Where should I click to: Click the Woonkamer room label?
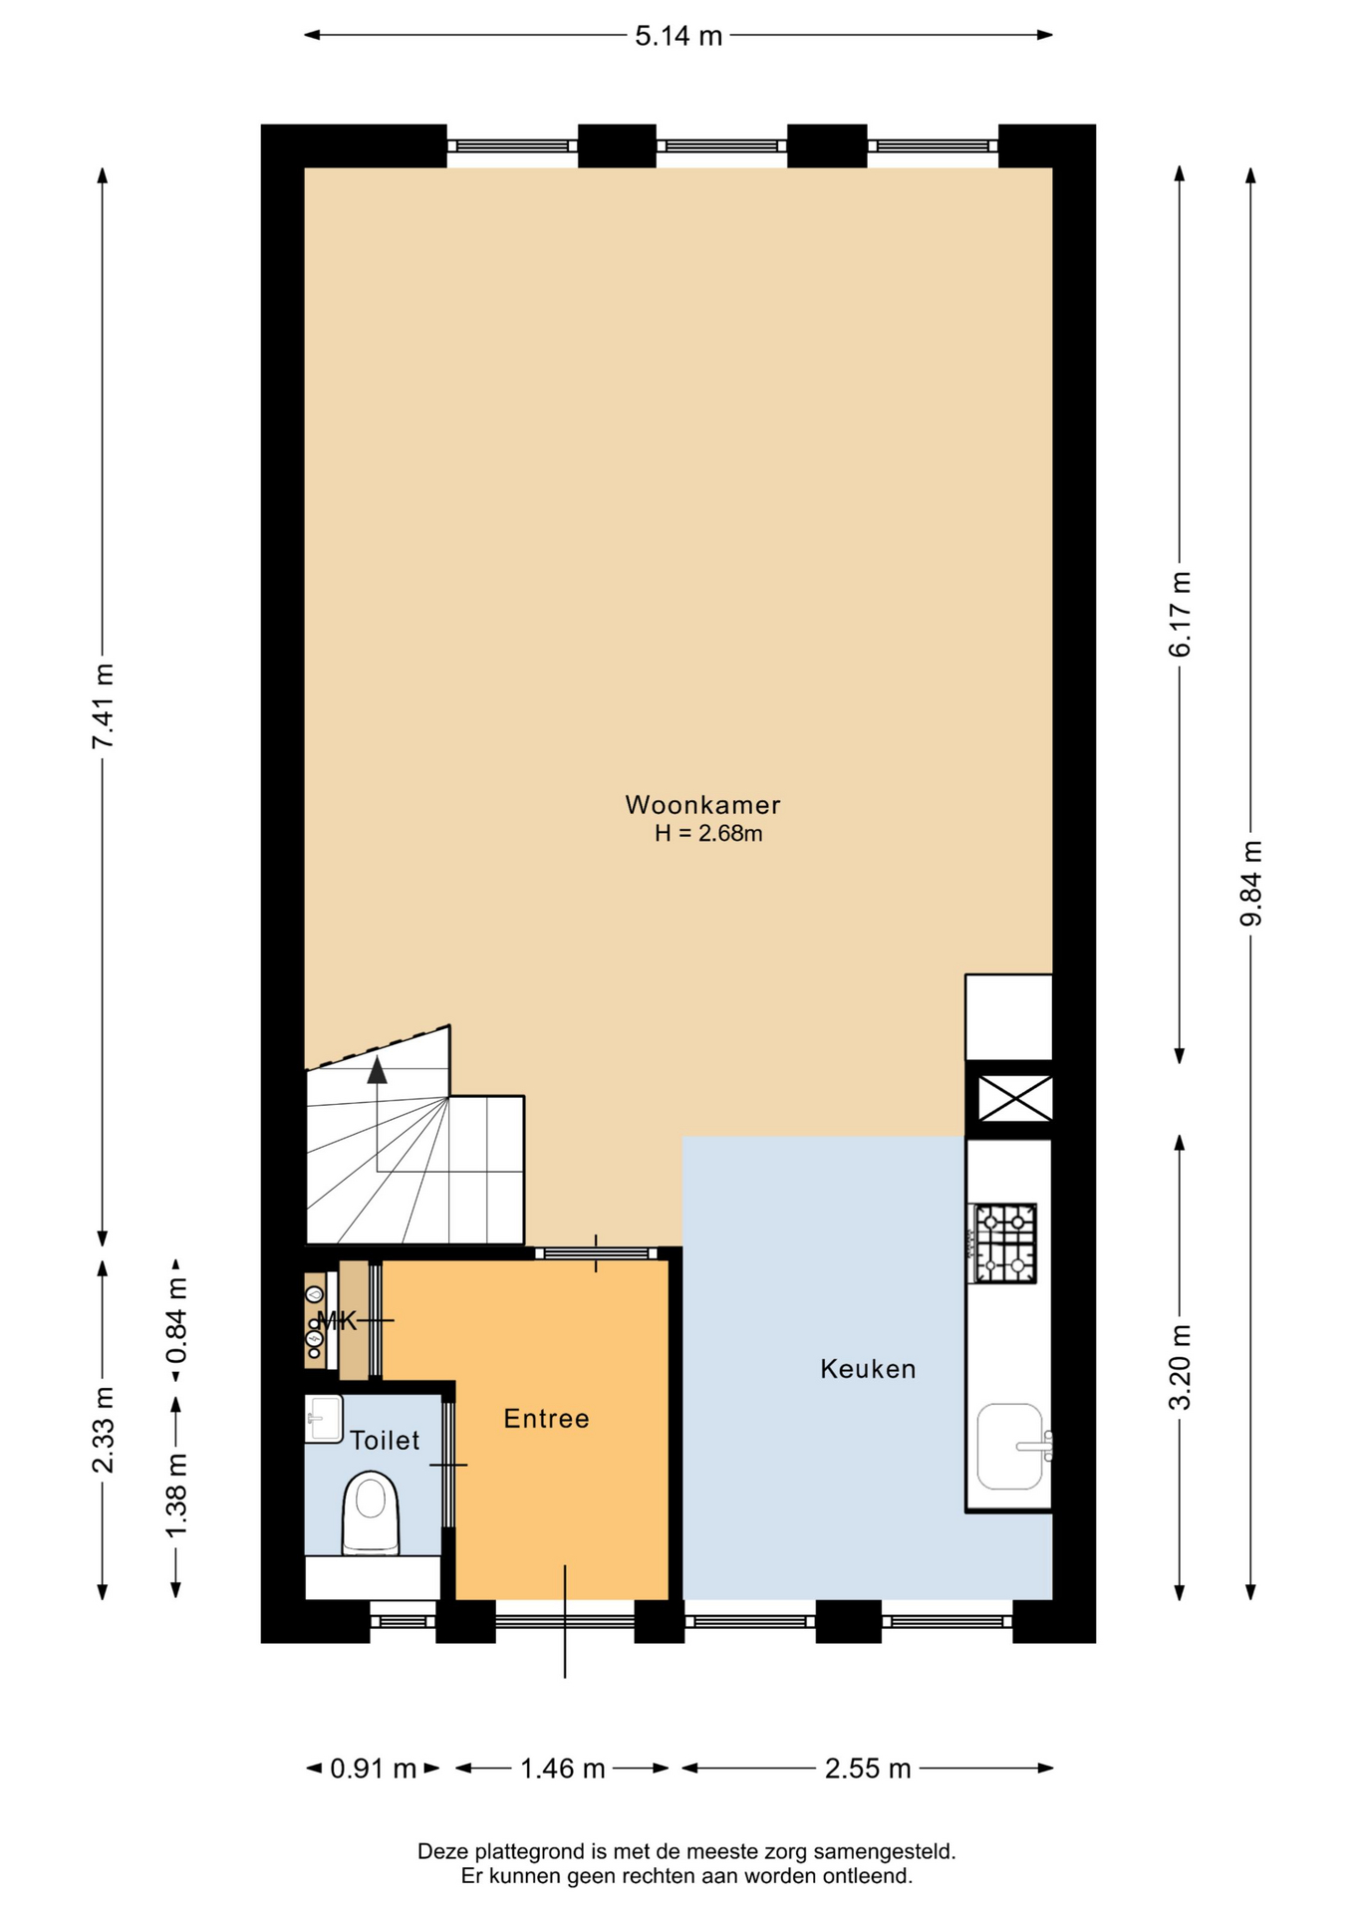tap(702, 805)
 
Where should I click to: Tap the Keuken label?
tap(868, 1369)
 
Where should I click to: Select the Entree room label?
tap(546, 1419)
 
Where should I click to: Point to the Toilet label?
tap(385, 1440)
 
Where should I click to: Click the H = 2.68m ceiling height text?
tap(708, 834)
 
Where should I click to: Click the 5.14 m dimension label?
tap(678, 36)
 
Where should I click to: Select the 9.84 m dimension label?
tap(1250, 883)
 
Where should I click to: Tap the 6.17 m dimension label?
tap(1180, 614)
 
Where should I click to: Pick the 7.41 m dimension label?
tap(103, 705)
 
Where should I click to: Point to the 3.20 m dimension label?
tap(1180, 1367)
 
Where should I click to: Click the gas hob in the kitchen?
tap(1003, 1243)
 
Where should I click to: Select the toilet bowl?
tap(371, 1512)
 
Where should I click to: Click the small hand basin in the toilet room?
tap(323, 1418)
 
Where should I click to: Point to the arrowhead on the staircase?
tap(377, 1070)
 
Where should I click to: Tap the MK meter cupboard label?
tap(337, 1321)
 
